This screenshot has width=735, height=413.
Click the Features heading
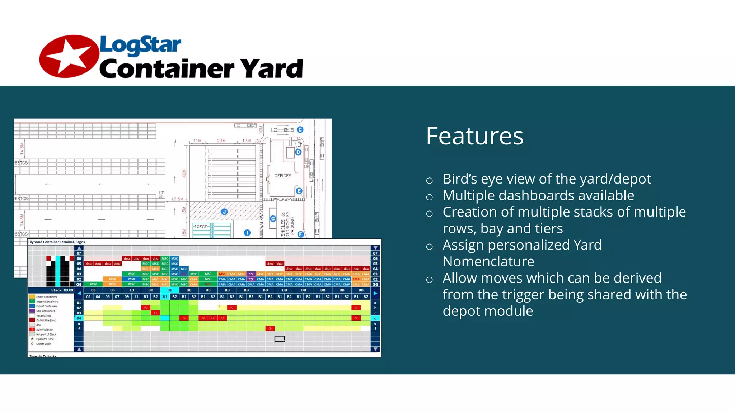pos(474,136)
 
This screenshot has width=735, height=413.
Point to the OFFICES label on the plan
pos(283,176)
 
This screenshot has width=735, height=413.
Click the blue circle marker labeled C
pos(300,130)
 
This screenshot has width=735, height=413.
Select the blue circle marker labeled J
pos(224,212)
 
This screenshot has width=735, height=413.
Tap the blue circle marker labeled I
pos(247,233)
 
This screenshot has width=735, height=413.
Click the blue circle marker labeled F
pos(301,234)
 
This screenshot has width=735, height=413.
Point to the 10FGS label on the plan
pos(201,227)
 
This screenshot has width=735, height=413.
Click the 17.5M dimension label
pos(177,199)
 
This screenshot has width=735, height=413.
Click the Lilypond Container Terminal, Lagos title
pos(57,242)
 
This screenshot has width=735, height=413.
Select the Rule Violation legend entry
pos(45,330)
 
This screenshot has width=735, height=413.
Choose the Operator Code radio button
pos(32,339)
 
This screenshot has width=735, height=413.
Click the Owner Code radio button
pos(32,344)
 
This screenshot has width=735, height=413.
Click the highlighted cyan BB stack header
pos(170,290)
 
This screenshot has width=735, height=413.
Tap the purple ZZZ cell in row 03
pos(251,274)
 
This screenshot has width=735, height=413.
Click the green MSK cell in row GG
pos(93,284)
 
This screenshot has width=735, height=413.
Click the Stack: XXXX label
pos(62,290)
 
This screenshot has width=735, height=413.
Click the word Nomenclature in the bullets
pos(488,262)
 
